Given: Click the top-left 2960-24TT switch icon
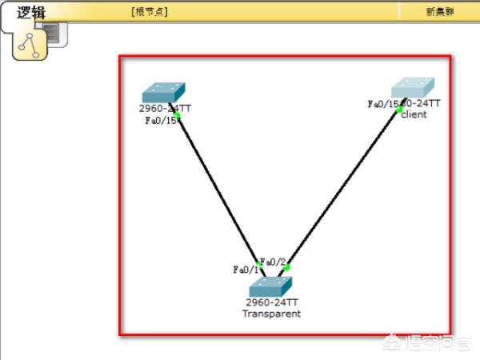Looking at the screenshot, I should coord(163,92).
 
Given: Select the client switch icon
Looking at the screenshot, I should coord(413,88).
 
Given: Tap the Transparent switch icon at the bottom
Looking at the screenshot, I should coord(270,286).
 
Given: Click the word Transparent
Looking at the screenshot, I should coord(271,314).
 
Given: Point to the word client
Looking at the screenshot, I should coord(414,114).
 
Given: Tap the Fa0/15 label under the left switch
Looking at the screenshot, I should coord(159,121).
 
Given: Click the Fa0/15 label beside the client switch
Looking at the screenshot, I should coord(382,104).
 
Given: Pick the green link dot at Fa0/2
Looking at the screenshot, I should coord(286,267).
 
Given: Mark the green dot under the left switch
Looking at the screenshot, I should coord(178,117).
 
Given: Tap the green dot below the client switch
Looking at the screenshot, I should coord(399,110).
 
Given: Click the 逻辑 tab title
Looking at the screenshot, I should coord(33,12).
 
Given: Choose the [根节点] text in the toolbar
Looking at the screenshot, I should coord(150,12).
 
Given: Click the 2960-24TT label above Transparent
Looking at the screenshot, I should coord(272,303).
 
